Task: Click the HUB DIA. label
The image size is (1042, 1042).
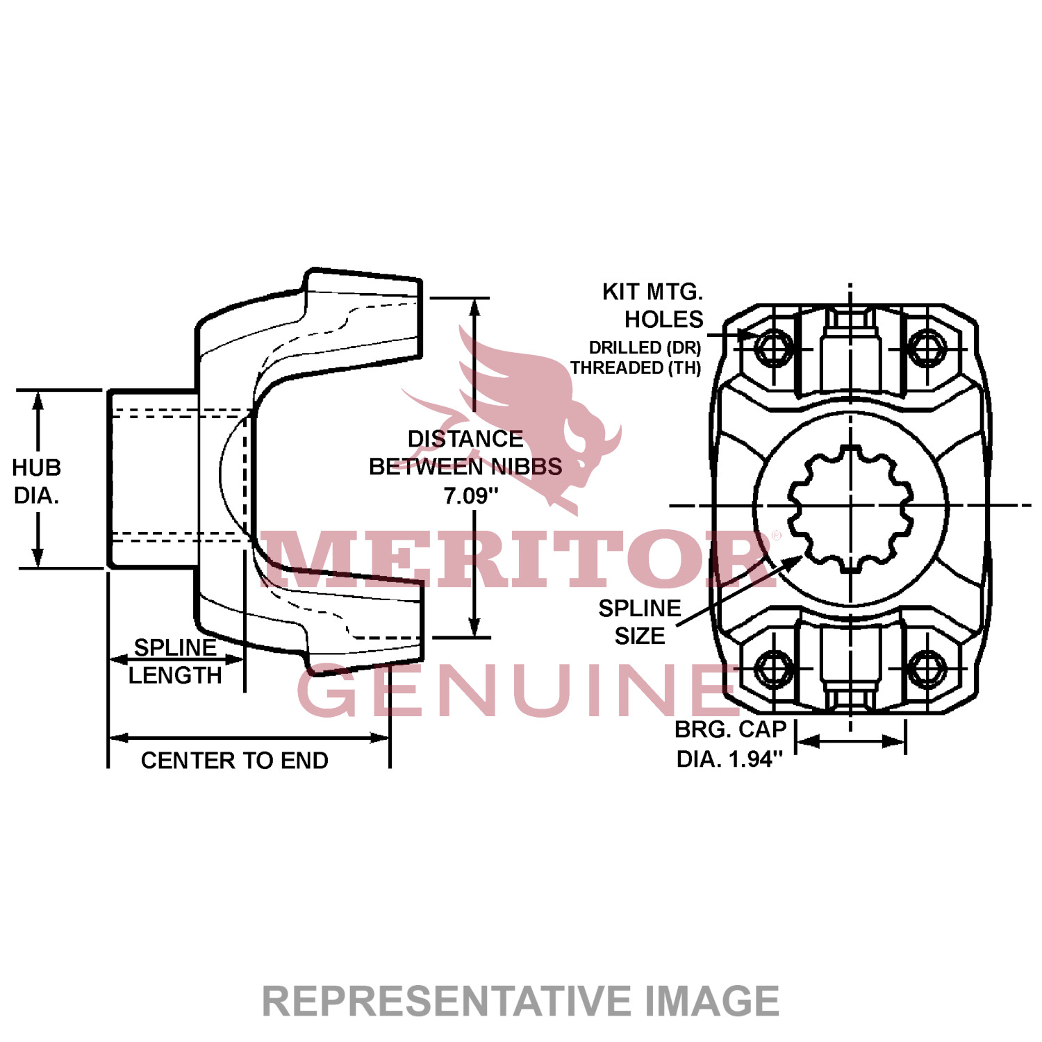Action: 36,481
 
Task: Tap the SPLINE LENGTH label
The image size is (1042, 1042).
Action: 175,661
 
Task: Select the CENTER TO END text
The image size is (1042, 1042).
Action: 234,761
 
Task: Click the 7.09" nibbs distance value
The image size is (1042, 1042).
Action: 471,496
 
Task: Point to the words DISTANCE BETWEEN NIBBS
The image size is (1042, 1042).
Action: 465,453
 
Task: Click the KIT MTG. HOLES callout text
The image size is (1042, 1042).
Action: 653,306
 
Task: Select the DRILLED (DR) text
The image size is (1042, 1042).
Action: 645,347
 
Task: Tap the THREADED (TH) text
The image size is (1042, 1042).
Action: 636,367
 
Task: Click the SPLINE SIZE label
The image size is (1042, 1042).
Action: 640,622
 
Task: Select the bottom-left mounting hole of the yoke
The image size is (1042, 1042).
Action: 773,668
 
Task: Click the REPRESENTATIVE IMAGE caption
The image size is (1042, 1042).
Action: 520,1001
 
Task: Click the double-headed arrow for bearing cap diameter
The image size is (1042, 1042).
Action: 850,742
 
